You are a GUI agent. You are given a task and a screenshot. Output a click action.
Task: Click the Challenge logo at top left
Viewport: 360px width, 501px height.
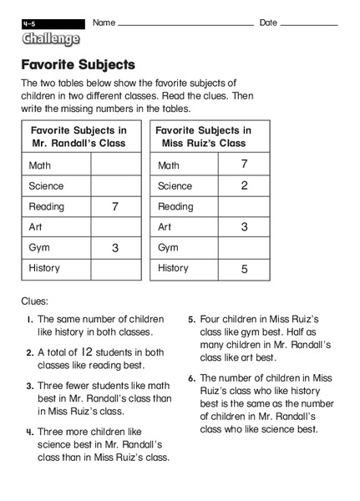tap(52, 38)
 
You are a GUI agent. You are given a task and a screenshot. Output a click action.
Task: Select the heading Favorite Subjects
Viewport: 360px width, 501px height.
tap(78, 64)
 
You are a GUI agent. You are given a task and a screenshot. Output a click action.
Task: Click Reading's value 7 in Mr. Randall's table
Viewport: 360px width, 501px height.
tap(115, 206)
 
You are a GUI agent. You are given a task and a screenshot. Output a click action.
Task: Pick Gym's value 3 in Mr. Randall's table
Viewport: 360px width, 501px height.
tap(115, 247)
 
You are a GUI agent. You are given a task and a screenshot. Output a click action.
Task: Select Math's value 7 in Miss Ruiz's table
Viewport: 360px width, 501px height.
tap(244, 164)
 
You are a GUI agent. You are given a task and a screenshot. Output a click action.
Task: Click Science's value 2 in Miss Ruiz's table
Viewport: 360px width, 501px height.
tap(244, 185)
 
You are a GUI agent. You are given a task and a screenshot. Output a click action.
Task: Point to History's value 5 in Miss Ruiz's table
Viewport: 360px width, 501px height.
tap(244, 268)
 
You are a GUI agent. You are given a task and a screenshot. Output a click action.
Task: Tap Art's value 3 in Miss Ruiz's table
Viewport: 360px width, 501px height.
tap(244, 226)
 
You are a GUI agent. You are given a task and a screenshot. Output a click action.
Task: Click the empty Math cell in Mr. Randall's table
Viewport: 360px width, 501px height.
tap(115, 165)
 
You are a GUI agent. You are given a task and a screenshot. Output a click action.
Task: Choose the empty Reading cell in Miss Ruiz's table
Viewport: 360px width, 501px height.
tap(244, 206)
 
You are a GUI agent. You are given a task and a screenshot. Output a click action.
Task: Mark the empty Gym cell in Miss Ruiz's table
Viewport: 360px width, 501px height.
tap(244, 247)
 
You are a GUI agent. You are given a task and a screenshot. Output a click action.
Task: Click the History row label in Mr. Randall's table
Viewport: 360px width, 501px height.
tap(44, 268)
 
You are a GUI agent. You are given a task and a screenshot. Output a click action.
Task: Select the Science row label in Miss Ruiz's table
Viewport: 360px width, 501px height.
tap(175, 186)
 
